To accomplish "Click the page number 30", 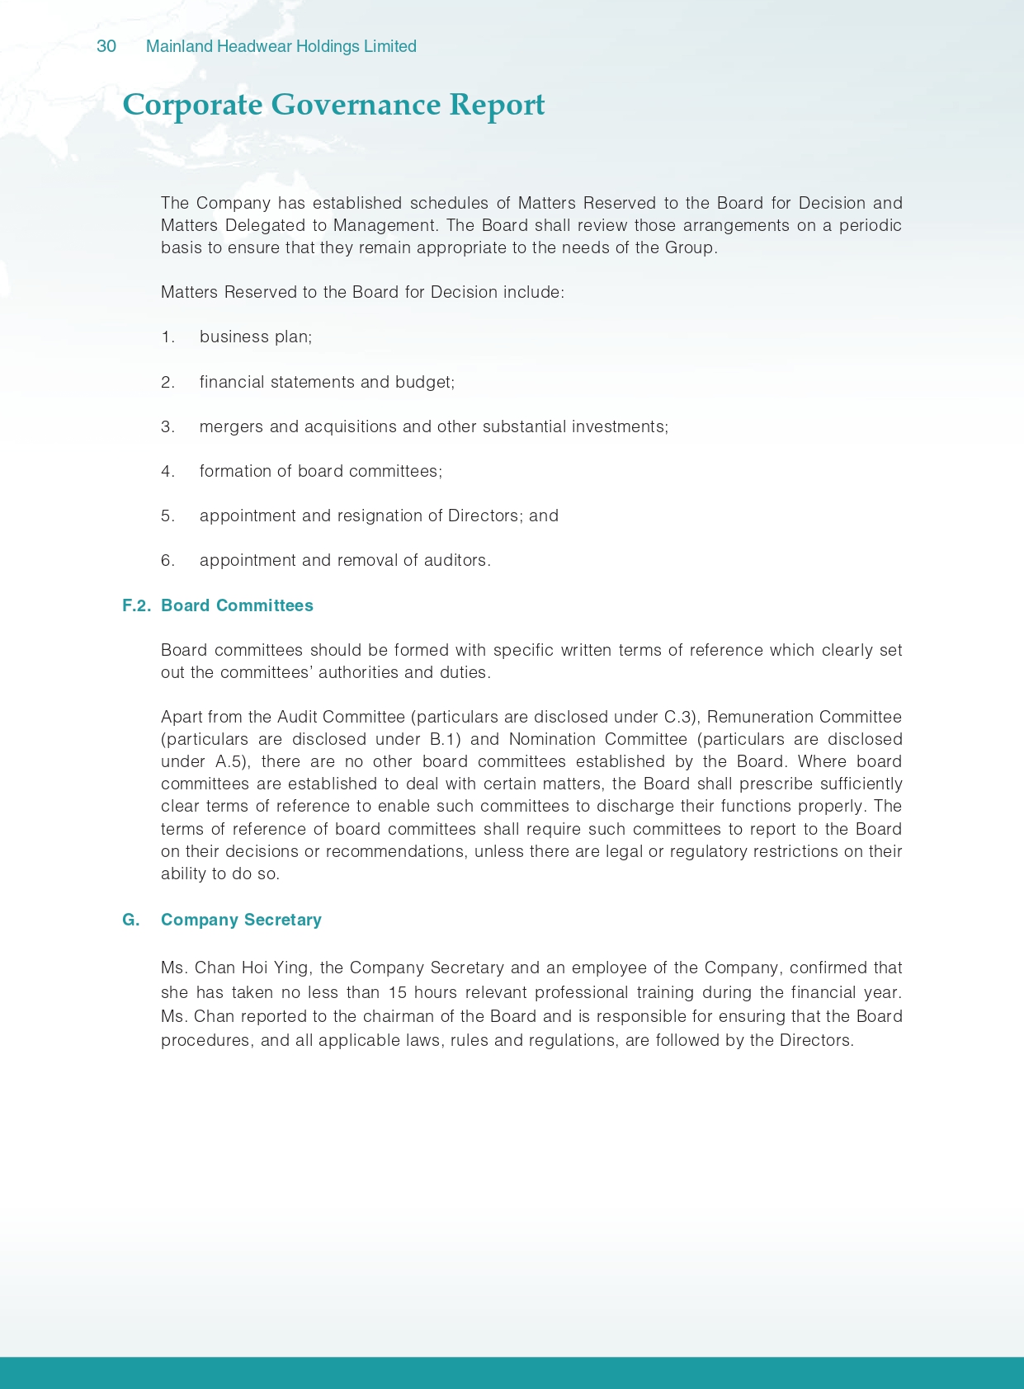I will (x=106, y=46).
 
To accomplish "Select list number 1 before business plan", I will (x=168, y=337).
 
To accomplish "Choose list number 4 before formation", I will (x=168, y=471).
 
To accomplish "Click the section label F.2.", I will (x=136, y=605).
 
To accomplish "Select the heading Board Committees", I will (x=237, y=605).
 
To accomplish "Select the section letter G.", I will (x=130, y=920).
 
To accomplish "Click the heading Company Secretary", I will (x=241, y=920).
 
